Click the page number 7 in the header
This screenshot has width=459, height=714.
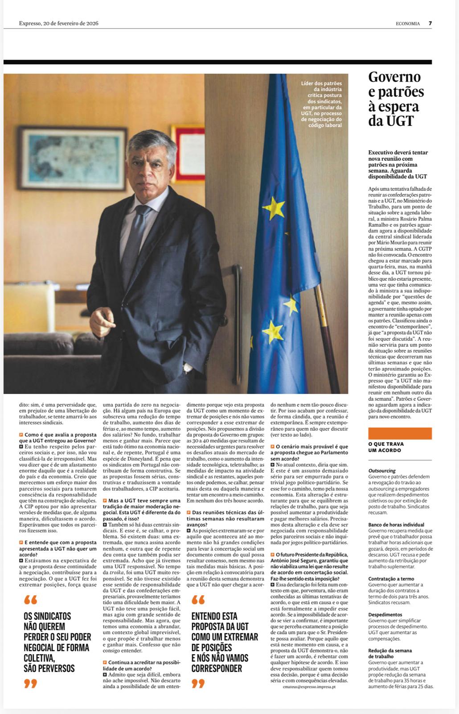click(430, 24)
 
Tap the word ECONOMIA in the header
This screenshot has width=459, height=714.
click(407, 24)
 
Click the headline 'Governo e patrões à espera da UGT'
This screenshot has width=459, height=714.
click(396, 99)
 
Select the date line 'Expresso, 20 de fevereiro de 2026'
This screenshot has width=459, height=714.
click(58, 23)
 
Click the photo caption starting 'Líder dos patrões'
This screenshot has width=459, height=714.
click(321, 104)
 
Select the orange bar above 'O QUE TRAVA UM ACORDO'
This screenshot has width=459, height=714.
click(400, 433)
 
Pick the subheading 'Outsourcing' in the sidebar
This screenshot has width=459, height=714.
click(382, 471)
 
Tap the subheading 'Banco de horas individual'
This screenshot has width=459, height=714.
click(396, 524)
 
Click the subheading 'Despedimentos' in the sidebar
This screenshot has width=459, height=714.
click(385, 614)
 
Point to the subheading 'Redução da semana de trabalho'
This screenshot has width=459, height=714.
click(390, 653)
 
